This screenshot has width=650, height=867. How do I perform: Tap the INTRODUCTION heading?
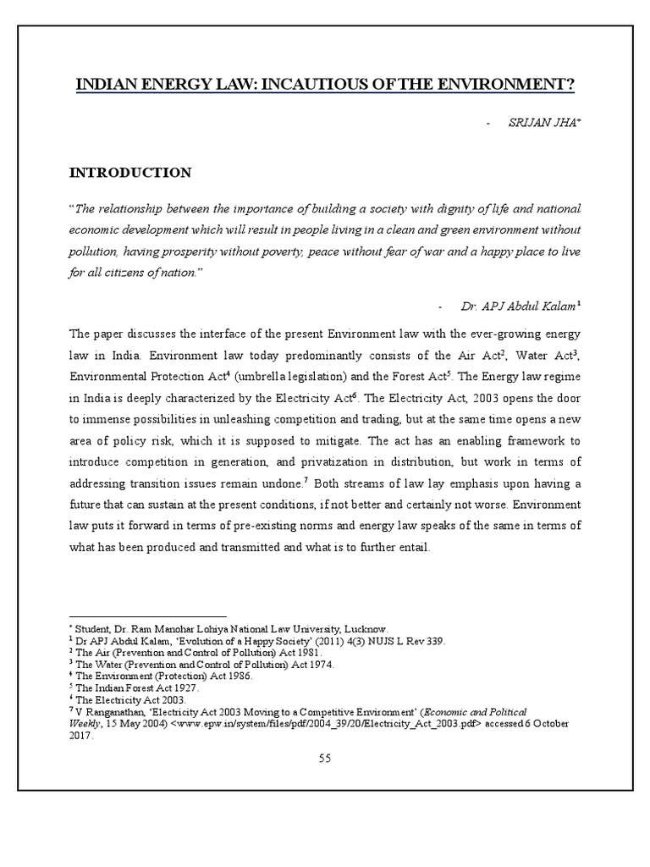129,173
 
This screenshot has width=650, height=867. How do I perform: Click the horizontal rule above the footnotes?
147,617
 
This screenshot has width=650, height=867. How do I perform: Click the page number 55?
324,758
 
